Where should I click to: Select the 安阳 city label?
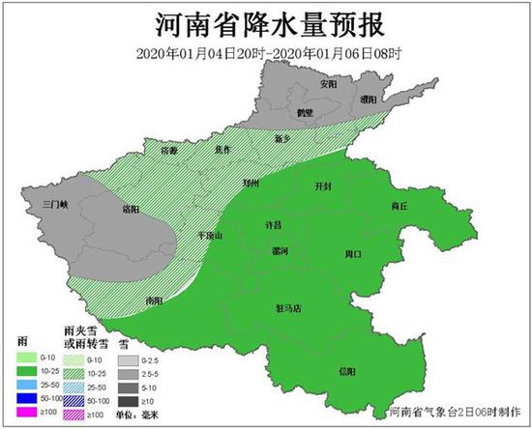pyautogui.click(x=329, y=84)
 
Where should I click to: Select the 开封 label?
pyautogui.click(x=325, y=185)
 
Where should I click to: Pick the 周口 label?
pyautogui.click(x=352, y=254)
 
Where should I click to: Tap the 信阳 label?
pyautogui.click(x=346, y=372)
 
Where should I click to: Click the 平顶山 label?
pyautogui.click(x=210, y=235)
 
